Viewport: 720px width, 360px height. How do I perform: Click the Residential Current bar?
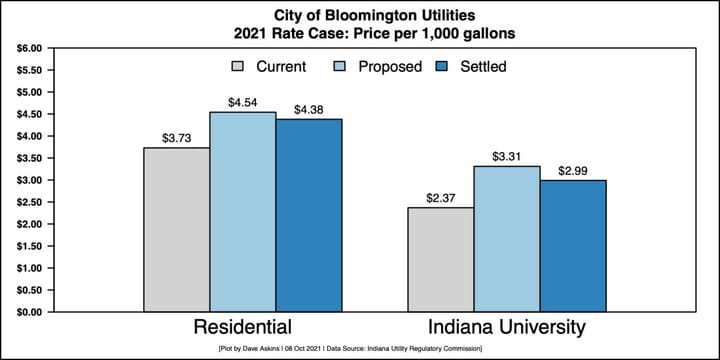click(176, 230)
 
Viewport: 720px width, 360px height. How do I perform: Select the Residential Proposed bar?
click(242, 212)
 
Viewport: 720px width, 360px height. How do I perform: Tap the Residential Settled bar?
click(309, 215)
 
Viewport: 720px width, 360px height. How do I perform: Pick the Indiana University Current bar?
click(441, 260)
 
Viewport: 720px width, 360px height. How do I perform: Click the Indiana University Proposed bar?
click(507, 239)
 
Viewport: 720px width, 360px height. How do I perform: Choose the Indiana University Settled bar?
click(573, 246)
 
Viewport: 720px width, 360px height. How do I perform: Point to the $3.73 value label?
click(177, 137)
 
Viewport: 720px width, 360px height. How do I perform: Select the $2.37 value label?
click(441, 197)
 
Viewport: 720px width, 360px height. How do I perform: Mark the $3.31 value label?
click(507, 156)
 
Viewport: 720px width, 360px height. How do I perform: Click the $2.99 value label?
click(573, 170)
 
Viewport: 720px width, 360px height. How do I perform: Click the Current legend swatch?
click(238, 67)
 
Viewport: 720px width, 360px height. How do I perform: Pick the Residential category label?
click(242, 328)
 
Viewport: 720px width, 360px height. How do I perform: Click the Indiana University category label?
click(506, 328)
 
